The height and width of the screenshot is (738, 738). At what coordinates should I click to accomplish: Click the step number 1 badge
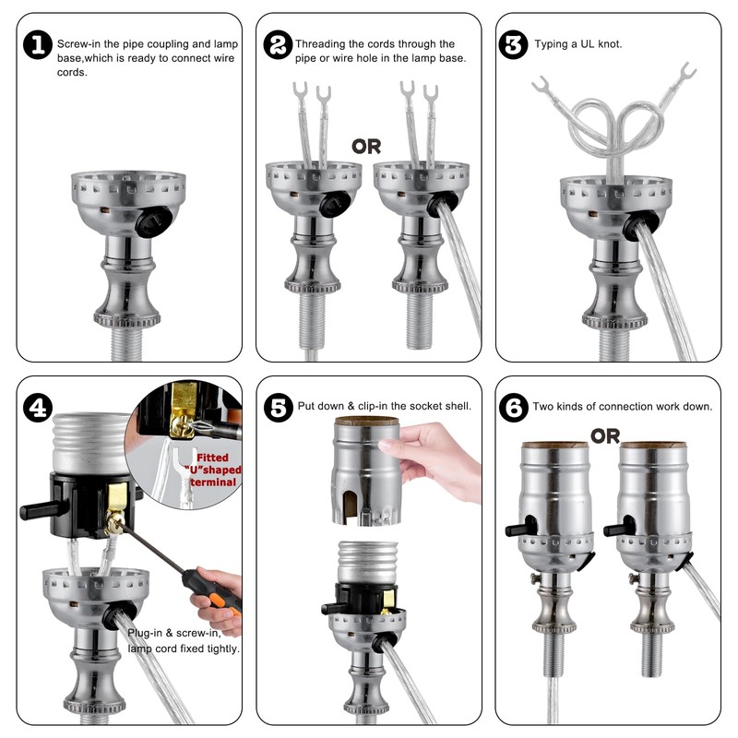click(x=38, y=45)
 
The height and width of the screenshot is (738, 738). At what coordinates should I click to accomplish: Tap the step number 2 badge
click(x=278, y=45)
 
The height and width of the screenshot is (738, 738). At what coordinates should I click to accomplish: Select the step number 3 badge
click(x=513, y=45)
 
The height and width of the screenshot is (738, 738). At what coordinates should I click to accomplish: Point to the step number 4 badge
click(x=38, y=408)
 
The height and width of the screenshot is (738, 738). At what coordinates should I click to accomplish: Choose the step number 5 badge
click(x=279, y=408)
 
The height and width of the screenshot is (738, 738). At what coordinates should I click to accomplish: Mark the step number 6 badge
click(x=514, y=408)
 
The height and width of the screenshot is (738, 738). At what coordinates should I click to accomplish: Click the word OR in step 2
click(x=366, y=147)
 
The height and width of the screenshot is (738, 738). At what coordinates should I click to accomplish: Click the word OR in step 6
click(x=605, y=436)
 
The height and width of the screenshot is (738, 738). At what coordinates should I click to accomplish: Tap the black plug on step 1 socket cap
click(x=153, y=220)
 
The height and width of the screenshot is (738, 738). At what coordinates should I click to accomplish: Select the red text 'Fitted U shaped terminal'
click(x=215, y=470)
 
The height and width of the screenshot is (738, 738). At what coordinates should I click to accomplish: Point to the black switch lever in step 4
click(x=40, y=510)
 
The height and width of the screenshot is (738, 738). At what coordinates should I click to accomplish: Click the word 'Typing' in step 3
click(x=551, y=44)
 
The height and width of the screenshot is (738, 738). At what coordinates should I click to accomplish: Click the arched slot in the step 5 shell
click(x=350, y=506)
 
